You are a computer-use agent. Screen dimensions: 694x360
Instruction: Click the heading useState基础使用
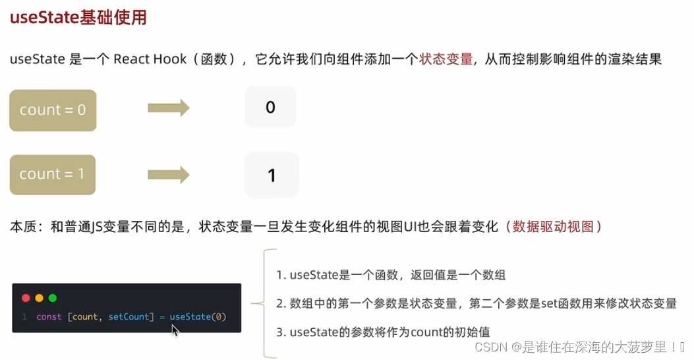pos(78,18)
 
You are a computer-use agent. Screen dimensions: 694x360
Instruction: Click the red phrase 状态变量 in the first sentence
pos(446,59)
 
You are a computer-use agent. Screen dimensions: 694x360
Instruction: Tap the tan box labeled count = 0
pos(53,110)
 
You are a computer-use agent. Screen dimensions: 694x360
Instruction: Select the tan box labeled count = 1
pos(53,175)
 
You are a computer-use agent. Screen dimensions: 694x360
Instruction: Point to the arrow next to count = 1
pos(168,175)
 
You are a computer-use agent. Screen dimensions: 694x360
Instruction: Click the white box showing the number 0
pos(270,107)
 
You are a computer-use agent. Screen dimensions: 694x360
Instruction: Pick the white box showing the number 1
pos(271,175)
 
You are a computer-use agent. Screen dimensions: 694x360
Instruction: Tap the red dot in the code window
pos(26,298)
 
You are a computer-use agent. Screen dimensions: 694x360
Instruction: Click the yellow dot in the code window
pos(39,298)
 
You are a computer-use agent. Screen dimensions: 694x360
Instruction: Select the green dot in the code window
pos(52,298)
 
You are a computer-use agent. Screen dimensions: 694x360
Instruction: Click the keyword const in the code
pos(49,317)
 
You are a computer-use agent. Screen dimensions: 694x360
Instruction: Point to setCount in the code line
pos(129,317)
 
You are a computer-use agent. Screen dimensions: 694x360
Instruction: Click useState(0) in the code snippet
pos(198,317)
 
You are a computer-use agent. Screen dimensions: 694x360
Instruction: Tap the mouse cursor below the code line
pos(175,330)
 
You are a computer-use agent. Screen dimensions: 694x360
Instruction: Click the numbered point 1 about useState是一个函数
pos(391,275)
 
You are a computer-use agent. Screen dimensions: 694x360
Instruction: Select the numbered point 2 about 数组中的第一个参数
pos(477,303)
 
